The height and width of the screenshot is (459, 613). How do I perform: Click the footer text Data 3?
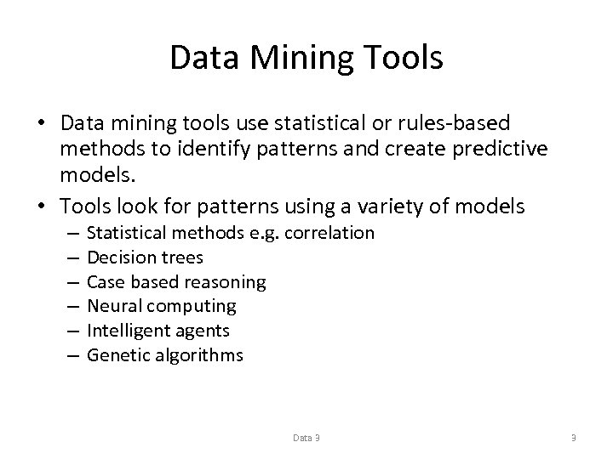306,438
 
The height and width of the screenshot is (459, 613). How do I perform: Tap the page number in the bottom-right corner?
574,438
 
